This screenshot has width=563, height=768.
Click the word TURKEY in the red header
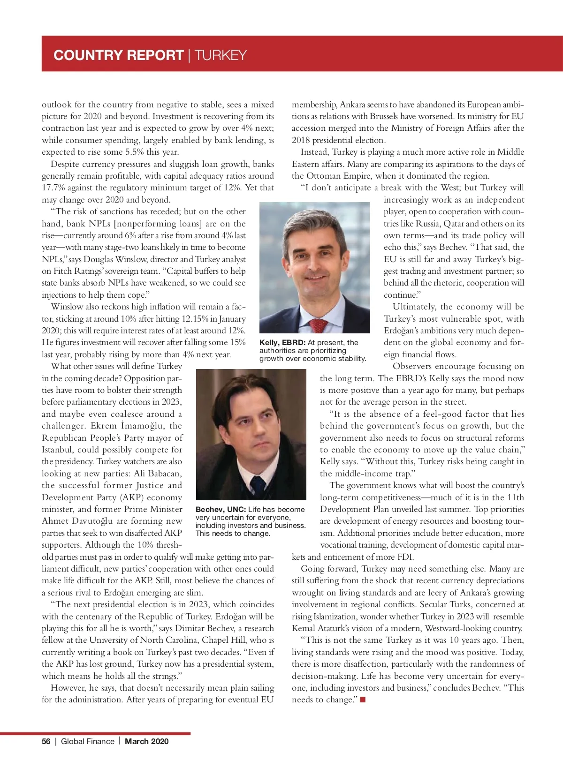(x=221, y=55)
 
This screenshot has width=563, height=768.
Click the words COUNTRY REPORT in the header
(x=118, y=55)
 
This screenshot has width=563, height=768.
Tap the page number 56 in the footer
(x=46, y=741)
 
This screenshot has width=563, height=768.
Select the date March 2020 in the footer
(x=146, y=741)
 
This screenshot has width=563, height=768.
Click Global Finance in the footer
(x=88, y=741)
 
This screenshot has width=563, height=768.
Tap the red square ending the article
(x=363, y=700)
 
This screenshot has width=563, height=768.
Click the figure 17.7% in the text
(x=53, y=188)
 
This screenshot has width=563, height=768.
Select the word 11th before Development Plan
(x=515, y=497)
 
